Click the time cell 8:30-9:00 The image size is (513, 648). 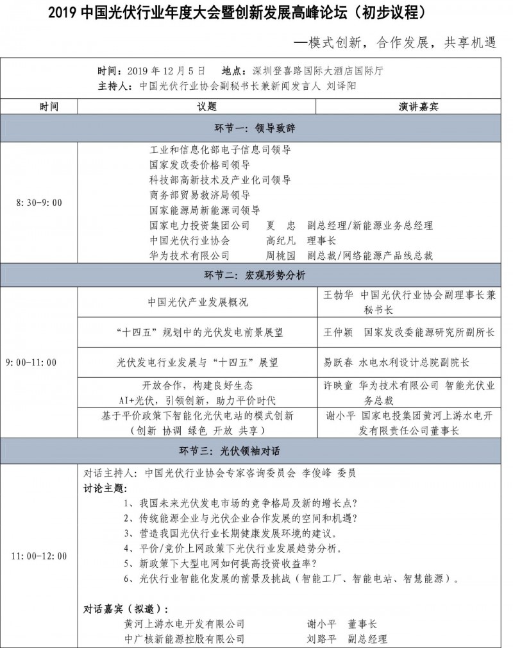coord(39,203)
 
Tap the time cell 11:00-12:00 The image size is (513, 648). coord(39,556)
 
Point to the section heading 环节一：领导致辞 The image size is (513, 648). coord(256,128)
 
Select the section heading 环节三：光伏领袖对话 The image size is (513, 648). coord(256,451)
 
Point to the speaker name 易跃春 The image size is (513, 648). coord(337,362)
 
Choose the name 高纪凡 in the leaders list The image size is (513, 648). coord(281,241)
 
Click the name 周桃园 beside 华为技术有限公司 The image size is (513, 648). coord(281,255)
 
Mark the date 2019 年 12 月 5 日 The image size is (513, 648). coord(167,70)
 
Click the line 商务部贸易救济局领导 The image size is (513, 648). coord(199,194)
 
